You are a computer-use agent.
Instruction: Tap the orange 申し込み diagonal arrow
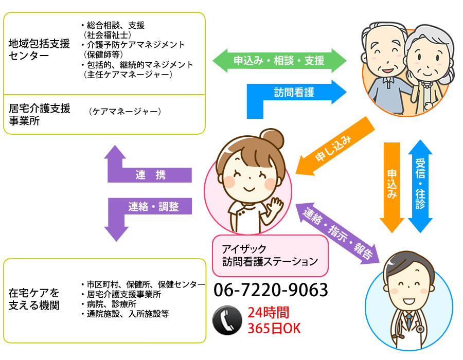(x=334, y=149)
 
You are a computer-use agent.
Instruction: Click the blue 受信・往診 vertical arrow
(x=420, y=185)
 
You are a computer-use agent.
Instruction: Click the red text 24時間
(x=268, y=313)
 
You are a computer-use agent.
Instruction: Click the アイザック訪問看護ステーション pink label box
(x=270, y=255)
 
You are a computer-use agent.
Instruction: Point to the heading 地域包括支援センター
(x=39, y=49)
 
